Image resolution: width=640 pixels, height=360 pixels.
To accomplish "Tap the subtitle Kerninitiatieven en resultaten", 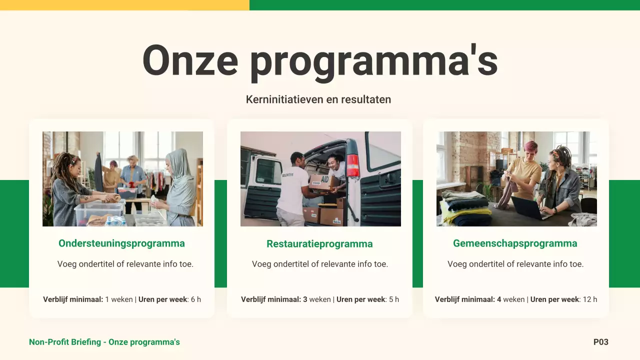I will pos(318,99).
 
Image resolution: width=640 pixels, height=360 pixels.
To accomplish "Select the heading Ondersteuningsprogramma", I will pos(121,243).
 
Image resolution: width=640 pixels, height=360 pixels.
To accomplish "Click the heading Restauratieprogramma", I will pos(319,244).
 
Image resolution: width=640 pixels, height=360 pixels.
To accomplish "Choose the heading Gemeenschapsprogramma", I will pos(515,243).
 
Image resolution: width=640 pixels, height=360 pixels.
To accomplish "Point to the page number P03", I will pos(600,342).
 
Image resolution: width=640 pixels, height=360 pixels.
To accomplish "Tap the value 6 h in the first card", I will pos(195,299).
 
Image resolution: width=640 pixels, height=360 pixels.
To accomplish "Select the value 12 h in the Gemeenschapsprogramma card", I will pos(590,299).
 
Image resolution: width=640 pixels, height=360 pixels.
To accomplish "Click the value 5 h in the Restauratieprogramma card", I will pos(393,299).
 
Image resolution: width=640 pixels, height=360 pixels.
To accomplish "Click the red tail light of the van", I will pos(353,165).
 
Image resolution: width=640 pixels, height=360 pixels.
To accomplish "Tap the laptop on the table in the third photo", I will pos(529,208).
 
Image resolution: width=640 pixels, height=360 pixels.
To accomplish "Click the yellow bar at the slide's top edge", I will pos(124,5).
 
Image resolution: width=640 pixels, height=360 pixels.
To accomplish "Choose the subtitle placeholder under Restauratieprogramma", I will pos(319,264).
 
